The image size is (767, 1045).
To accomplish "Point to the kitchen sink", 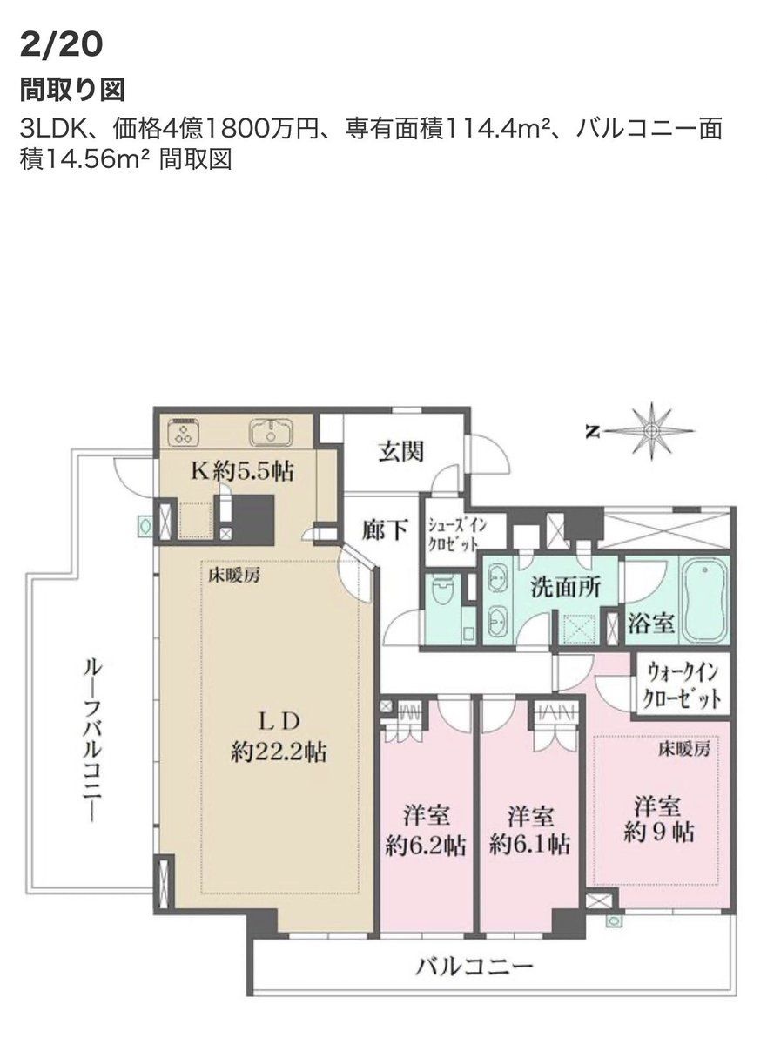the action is coord(271,432).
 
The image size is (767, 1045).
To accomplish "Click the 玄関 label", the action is coord(401,452).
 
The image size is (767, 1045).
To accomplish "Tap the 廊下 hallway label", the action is coord(385,530).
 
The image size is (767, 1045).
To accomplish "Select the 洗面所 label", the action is coord(566,588).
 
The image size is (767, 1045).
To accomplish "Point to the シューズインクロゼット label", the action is coord(457,535).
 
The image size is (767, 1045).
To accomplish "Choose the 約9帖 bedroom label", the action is coord(658,819).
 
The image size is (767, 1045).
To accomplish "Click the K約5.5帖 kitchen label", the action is coord(241,472).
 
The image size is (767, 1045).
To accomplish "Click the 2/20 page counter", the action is coord(61,45).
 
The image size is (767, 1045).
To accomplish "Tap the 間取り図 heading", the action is coord(72,90).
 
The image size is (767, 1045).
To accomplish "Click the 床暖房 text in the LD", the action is coord(234,576).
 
